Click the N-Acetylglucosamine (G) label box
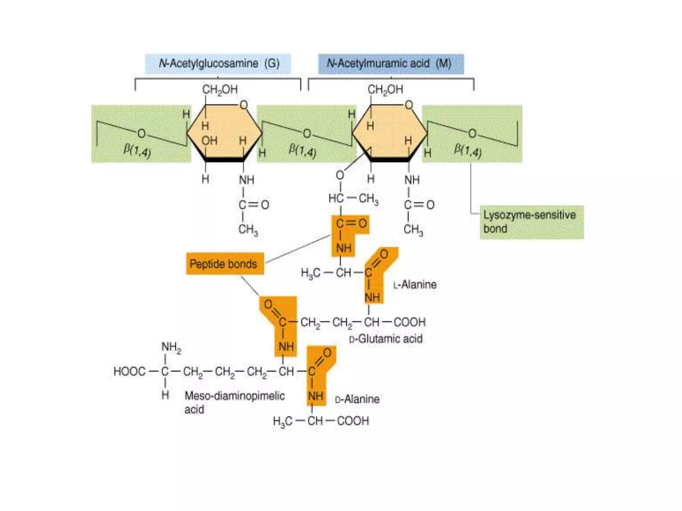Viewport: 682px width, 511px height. coord(218,64)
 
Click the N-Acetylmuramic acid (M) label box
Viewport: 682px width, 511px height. coord(391,64)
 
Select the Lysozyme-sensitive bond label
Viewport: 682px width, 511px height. coord(531,222)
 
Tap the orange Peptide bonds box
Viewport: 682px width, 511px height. coord(225,264)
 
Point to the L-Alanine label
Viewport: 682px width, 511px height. coord(415,285)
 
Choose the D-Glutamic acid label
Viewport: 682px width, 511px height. coord(386,339)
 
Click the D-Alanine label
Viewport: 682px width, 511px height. coord(357,399)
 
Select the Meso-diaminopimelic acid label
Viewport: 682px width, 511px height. coord(234,402)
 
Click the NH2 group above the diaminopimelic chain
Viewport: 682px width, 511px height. coord(171,347)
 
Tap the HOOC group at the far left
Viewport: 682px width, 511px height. coord(130,371)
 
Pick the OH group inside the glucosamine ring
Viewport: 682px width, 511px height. coord(209,141)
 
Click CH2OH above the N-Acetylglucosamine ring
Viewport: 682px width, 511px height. coord(220,89)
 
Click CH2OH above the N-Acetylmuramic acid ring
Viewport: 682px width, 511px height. coord(385,89)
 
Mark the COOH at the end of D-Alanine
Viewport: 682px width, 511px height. coord(353,421)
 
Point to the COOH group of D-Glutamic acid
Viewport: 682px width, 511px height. coord(410,322)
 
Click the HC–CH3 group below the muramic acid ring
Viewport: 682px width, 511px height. coord(353,199)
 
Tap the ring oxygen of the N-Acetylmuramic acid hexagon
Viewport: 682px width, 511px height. coord(409,105)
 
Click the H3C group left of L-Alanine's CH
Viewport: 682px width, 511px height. coord(310,273)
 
